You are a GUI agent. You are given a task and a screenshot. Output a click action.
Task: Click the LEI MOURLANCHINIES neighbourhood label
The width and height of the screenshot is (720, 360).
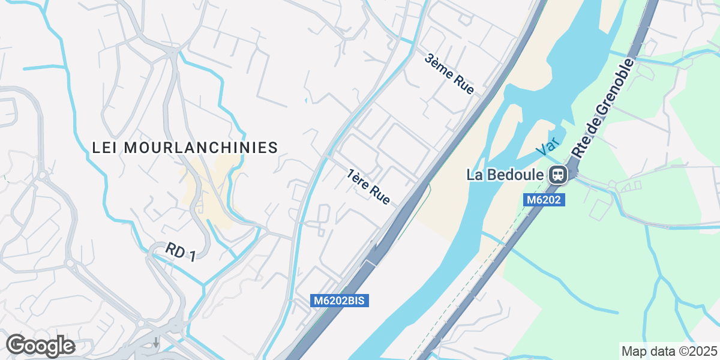tap(185, 148)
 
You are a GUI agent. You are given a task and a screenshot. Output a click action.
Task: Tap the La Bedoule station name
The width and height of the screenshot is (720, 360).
tap(505, 175)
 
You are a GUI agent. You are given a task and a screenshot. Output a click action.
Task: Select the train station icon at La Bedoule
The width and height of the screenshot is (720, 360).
tap(557, 175)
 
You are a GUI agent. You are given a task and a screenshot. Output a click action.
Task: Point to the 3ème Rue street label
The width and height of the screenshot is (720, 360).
tap(449, 74)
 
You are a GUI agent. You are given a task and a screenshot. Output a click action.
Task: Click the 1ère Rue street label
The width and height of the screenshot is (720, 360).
tap(369, 187)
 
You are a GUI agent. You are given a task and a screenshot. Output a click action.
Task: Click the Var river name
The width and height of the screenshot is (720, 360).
tap(548, 146)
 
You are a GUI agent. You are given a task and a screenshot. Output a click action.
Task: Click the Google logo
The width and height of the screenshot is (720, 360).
tap(40, 346)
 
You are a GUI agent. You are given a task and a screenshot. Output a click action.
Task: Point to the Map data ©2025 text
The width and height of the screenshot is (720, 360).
tap(668, 351)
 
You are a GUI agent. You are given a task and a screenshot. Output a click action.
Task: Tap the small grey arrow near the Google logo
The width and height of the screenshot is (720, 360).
tap(156, 343)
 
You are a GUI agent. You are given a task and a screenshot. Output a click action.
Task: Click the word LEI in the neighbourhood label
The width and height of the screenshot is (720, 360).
tap(105, 148)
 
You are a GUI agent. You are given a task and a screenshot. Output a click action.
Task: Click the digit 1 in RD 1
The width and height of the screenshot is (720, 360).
tap(191, 257)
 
